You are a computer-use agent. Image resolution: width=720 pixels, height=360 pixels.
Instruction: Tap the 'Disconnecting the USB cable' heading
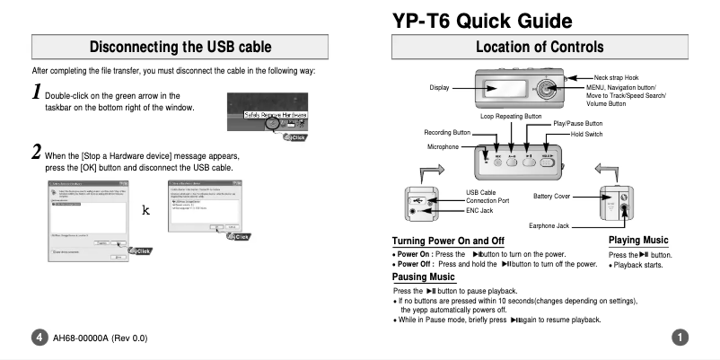(x=190, y=46)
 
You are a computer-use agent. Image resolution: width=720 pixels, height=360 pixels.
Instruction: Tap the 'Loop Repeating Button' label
(x=511, y=116)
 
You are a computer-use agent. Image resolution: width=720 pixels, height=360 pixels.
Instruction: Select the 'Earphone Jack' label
(x=550, y=224)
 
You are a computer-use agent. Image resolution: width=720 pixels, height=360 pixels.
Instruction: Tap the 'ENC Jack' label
(x=479, y=210)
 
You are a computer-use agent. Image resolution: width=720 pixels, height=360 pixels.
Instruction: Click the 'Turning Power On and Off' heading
(x=448, y=241)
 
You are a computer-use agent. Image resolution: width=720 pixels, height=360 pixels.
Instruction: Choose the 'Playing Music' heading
(x=637, y=240)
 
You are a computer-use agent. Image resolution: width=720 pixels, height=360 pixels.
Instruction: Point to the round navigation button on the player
(x=547, y=89)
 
